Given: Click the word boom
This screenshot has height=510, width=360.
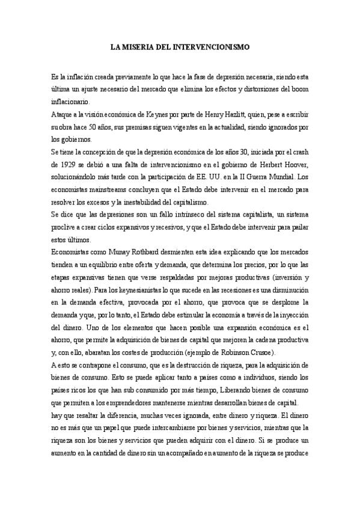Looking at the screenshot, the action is click(299, 90).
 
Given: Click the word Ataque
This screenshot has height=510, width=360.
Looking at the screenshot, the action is click(63, 114).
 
